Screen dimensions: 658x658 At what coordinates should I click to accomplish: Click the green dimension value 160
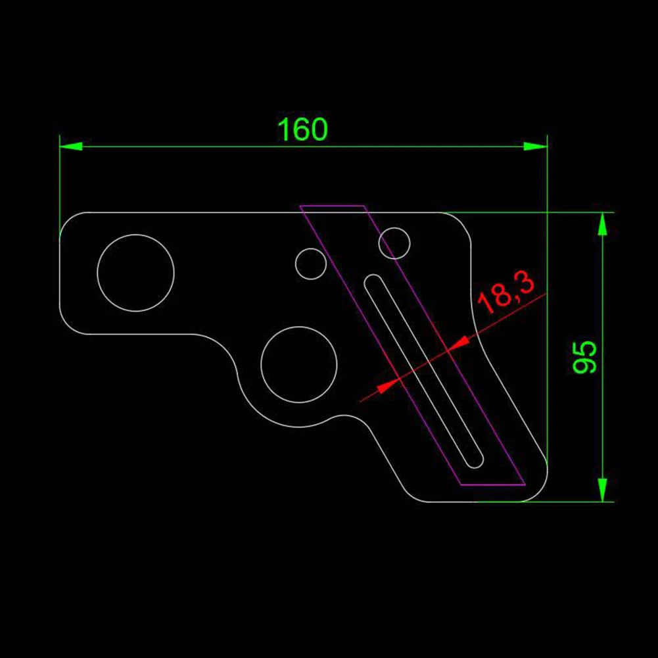(x=302, y=129)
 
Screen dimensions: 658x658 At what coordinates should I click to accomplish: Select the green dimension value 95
(x=584, y=357)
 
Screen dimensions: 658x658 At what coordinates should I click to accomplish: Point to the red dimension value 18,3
(x=507, y=292)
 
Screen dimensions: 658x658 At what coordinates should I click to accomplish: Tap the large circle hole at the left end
(x=135, y=273)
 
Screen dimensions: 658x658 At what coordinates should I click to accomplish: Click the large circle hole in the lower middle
(x=299, y=364)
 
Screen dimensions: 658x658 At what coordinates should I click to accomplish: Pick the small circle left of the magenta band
(x=311, y=264)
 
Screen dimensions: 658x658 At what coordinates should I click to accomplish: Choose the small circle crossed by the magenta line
(x=394, y=243)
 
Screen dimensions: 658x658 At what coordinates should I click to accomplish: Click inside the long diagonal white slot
(x=424, y=371)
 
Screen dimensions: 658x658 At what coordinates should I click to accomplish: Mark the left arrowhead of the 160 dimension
(x=71, y=147)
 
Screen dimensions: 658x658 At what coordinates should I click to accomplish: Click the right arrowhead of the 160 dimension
(x=536, y=147)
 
